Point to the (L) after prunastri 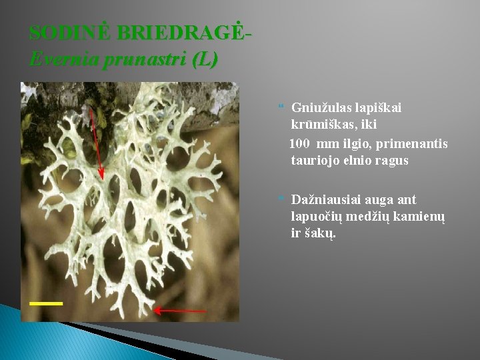tap(204, 60)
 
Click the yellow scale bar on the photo tap(46, 303)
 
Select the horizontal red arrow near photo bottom tap(180, 310)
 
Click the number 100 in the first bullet tap(301, 143)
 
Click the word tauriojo tap(315, 161)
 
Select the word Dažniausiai tap(326, 199)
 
